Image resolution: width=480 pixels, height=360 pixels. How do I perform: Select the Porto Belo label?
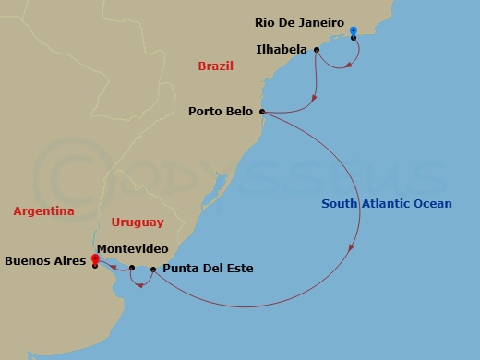pyautogui.click(x=222, y=113)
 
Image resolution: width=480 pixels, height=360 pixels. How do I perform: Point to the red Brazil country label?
pyautogui.click(x=215, y=66)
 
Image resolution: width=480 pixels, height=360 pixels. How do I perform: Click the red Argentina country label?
pyautogui.click(x=43, y=211)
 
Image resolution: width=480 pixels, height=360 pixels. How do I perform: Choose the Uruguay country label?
pyautogui.click(x=137, y=222)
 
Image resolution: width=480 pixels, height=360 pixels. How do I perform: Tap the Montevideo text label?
pyautogui.click(x=131, y=249)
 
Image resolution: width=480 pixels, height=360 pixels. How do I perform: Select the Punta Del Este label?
pyautogui.click(x=207, y=270)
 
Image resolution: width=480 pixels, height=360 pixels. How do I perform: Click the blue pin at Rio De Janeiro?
pyautogui.click(x=354, y=32)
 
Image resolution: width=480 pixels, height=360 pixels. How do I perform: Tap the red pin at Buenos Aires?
pyautogui.click(x=94, y=259)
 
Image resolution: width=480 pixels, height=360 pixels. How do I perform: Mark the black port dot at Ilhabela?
pyautogui.click(x=317, y=50)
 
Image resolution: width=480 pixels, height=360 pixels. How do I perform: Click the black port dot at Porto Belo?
pyautogui.click(x=263, y=113)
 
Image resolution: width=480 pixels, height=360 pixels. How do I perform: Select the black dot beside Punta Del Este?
pyautogui.click(x=153, y=270)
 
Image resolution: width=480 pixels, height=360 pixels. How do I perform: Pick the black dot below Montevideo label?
pyautogui.click(x=132, y=268)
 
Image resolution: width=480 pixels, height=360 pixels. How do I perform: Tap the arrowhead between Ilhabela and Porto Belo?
pyautogui.click(x=315, y=97)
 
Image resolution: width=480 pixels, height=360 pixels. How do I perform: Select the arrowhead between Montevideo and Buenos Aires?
pyautogui.click(x=113, y=267)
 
